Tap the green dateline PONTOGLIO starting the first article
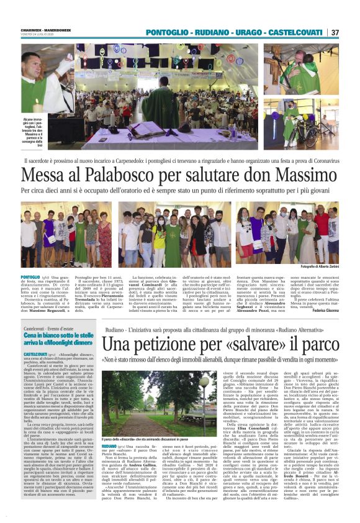click(x=30, y=276)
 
